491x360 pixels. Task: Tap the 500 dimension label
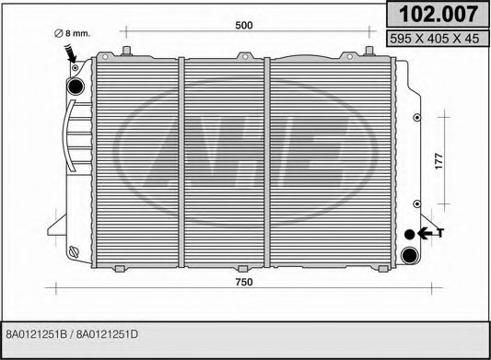click(x=244, y=27)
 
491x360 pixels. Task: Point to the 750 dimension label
click(x=244, y=281)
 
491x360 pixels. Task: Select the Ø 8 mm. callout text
click(x=73, y=33)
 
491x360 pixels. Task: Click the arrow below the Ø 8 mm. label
click(x=72, y=55)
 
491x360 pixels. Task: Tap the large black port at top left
click(x=76, y=86)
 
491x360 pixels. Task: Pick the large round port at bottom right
click(x=411, y=253)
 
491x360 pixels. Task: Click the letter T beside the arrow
click(x=440, y=233)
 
